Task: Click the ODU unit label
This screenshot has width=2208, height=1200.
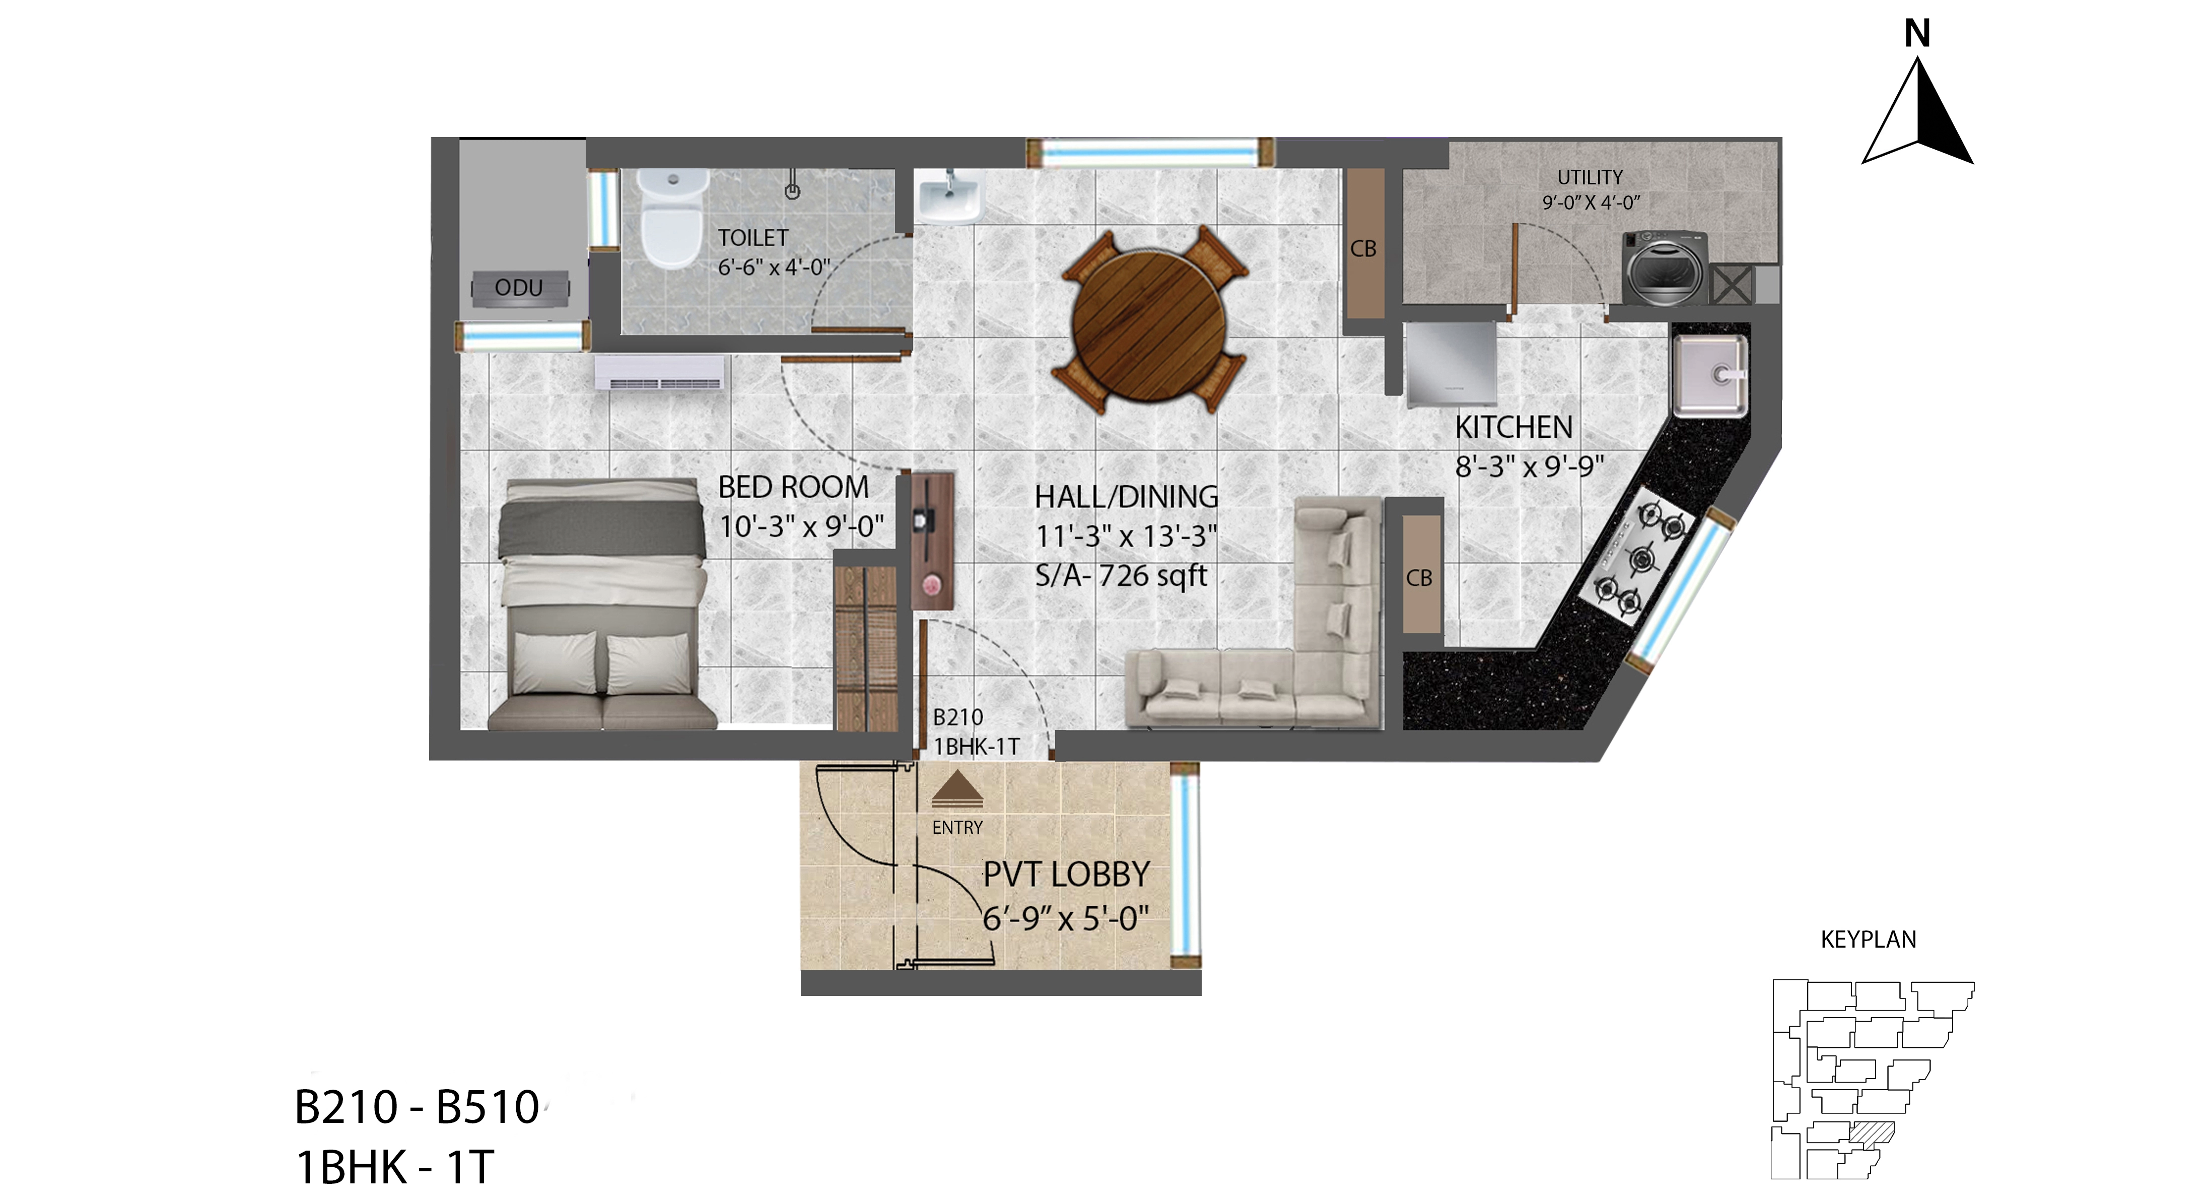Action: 519,288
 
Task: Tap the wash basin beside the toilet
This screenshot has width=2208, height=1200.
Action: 949,196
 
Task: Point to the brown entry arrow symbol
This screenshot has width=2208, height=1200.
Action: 957,790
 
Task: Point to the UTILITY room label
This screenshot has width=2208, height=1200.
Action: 1590,177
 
